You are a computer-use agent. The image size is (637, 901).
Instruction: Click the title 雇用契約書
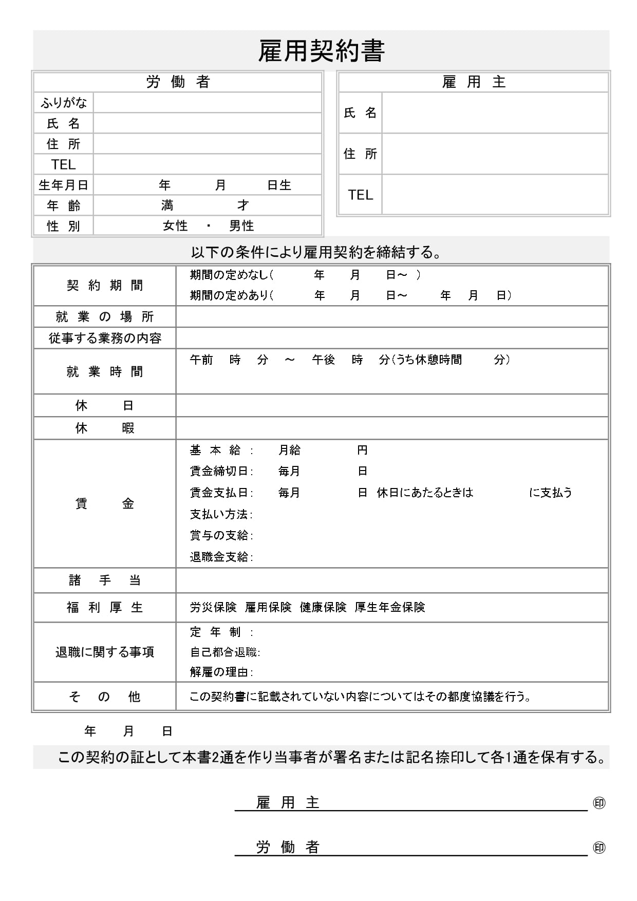coord(321,51)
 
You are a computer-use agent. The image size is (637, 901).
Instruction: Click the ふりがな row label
coord(64,103)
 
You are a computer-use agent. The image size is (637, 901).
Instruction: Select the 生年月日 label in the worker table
coord(64,185)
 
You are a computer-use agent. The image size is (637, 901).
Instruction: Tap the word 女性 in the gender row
coord(175,226)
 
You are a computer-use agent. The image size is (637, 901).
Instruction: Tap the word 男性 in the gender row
coord(241,226)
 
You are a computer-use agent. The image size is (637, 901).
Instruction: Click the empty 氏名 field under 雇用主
coord(495,113)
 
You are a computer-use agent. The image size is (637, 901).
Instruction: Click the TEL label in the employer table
coord(360,195)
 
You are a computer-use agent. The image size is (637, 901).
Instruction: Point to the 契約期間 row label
coord(105,286)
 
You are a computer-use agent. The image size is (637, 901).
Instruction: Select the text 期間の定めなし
coord(229,275)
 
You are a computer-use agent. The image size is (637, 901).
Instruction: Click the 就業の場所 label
coord(105,317)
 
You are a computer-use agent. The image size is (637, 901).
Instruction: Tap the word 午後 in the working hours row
coord(323,360)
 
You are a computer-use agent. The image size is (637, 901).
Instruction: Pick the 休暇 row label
coord(105,428)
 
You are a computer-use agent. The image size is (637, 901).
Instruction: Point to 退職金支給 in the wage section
coord(219,557)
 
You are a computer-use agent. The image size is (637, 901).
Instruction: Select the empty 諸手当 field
coord(392,580)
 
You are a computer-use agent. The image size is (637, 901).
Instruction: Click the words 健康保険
coord(323,608)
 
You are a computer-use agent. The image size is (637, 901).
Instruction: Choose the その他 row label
coord(105,697)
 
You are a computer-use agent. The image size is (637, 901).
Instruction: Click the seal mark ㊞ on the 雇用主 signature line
coord(599,803)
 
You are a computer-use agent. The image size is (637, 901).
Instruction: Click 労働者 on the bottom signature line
coord(288,848)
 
